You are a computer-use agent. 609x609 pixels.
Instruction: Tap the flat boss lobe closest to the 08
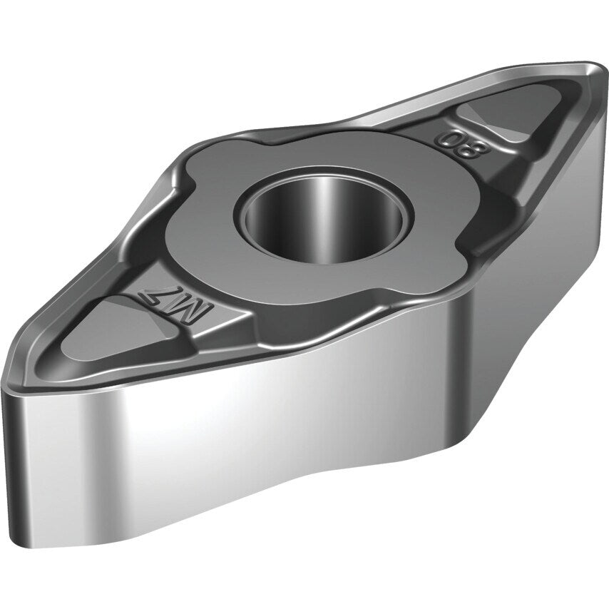tap(421, 171)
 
